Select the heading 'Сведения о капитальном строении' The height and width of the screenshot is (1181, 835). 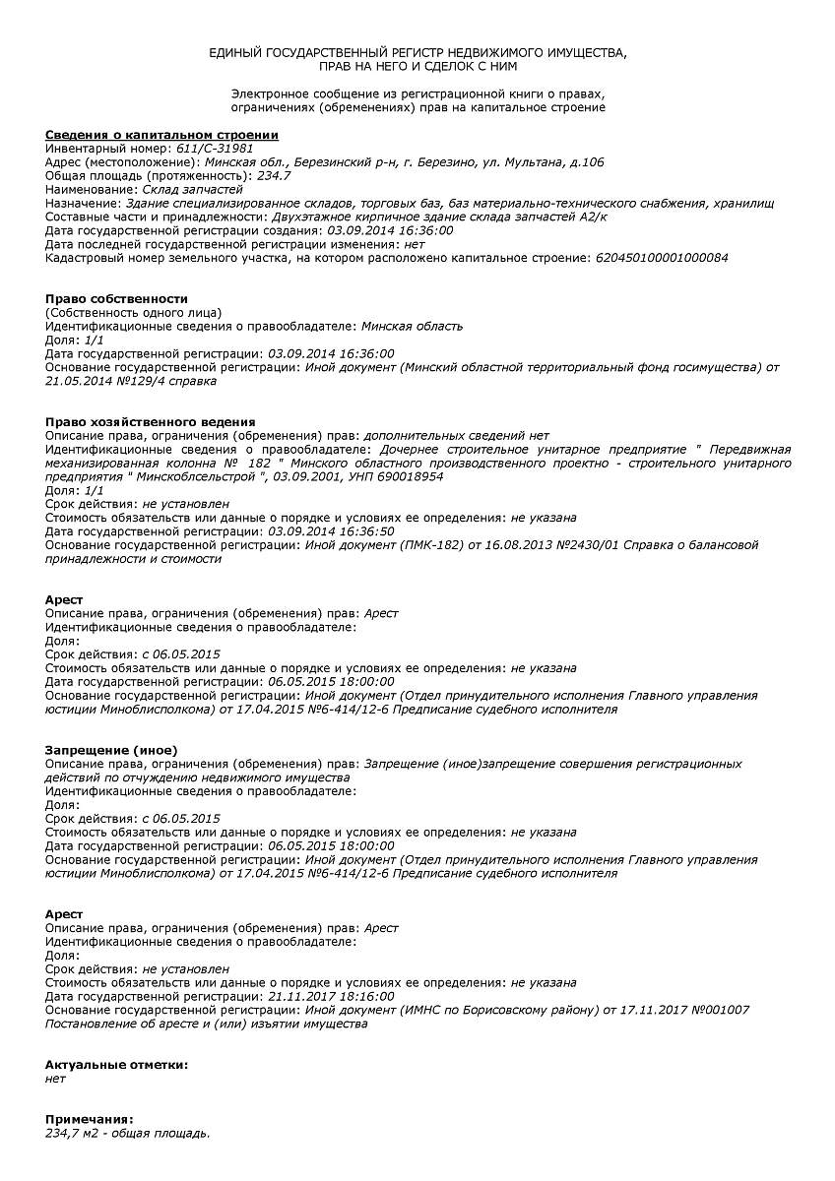(x=161, y=134)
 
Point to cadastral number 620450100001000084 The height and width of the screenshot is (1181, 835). (x=662, y=258)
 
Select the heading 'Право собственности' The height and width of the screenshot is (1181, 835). (x=116, y=298)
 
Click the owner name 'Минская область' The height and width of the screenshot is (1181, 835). (x=412, y=326)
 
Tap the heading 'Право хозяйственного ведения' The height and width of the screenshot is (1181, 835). (x=151, y=421)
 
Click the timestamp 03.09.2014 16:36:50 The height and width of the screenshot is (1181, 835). (x=331, y=531)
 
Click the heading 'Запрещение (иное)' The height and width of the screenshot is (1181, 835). (x=111, y=750)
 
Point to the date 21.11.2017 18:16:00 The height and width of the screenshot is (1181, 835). (x=331, y=996)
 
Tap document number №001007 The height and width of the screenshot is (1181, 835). (x=721, y=1010)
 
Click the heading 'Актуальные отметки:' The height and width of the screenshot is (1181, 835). (x=116, y=1065)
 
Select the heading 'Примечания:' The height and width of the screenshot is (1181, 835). (x=89, y=1120)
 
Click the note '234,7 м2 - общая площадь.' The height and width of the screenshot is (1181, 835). (x=128, y=1134)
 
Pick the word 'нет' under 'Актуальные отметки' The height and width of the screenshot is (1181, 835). (x=56, y=1079)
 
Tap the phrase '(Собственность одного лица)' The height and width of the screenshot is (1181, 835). (x=134, y=312)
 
